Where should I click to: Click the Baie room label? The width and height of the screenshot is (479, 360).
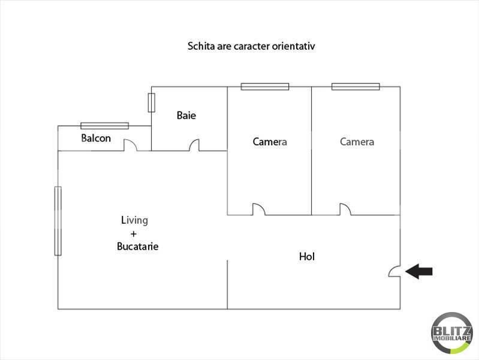pyautogui.click(x=186, y=115)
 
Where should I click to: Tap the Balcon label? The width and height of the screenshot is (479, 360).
pyautogui.click(x=96, y=138)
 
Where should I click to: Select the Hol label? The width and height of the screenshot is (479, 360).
pyautogui.click(x=307, y=257)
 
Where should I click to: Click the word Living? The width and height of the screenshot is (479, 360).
pyautogui.click(x=134, y=220)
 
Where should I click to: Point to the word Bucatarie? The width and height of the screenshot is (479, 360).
pyautogui.click(x=138, y=247)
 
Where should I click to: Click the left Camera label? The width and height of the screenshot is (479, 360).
pyautogui.click(x=270, y=142)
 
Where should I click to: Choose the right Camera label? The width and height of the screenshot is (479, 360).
pyautogui.click(x=357, y=142)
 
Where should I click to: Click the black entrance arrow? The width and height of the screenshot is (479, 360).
pyautogui.click(x=419, y=272)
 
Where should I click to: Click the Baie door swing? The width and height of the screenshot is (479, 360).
pyautogui.click(x=194, y=145)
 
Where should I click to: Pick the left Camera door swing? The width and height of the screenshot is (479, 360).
pyautogui.click(x=258, y=209)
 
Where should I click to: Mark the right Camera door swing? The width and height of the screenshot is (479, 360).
pyautogui.click(x=345, y=209)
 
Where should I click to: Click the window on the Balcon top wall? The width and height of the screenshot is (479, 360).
pyautogui.click(x=105, y=125)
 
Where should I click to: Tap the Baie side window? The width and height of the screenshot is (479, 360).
pyautogui.click(x=152, y=102)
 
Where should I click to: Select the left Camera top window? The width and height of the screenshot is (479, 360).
pyautogui.click(x=265, y=86)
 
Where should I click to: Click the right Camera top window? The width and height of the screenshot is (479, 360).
pyautogui.click(x=356, y=86)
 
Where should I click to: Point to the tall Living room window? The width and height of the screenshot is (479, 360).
pyautogui.click(x=58, y=221)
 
